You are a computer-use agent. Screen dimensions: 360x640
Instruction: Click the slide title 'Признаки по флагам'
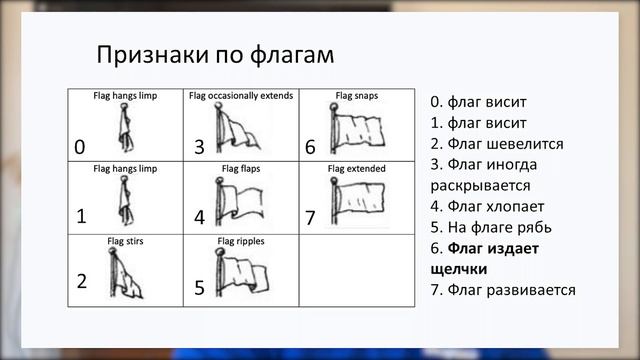coord(214,54)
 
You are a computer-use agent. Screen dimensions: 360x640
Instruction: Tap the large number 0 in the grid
coord(79,148)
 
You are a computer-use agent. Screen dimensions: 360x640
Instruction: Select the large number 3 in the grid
coord(199,147)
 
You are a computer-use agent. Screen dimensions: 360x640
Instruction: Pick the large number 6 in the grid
coord(310,147)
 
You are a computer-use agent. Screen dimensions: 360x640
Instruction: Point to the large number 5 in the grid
coord(199,288)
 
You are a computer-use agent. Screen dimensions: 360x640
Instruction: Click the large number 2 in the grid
coord(82,281)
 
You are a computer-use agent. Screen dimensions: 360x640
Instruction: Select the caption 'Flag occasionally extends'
coord(240,97)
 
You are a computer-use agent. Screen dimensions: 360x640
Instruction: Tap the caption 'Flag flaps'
coord(240,169)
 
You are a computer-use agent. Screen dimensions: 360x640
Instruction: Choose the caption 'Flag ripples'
coord(240,241)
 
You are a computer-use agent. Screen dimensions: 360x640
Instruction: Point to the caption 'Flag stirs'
coord(125,241)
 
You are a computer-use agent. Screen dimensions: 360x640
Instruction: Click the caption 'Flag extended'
coord(356,169)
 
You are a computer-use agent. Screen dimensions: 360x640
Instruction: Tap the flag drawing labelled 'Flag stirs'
coord(127,275)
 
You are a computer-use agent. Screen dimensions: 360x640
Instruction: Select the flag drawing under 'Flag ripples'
coord(240,273)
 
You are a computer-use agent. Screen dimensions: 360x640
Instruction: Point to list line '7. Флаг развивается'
coord(502,290)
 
